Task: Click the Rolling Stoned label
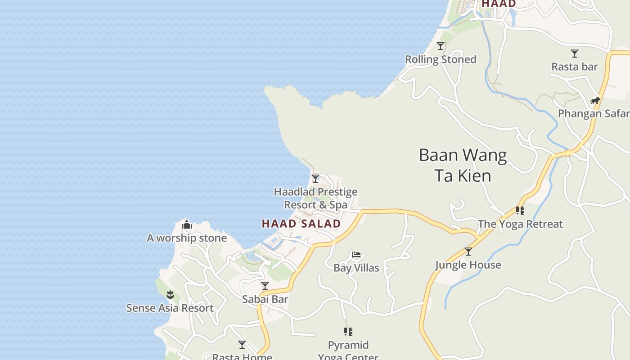(x=441, y=59)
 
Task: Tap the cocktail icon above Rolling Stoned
(x=441, y=46)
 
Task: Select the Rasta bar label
(x=575, y=67)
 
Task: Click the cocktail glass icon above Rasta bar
(x=575, y=54)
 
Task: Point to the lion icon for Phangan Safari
(x=595, y=100)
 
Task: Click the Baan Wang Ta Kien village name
(x=463, y=165)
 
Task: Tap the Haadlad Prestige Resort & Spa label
(x=315, y=198)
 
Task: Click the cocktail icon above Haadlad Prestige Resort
(x=315, y=179)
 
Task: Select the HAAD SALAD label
(x=301, y=224)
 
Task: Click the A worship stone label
(x=187, y=238)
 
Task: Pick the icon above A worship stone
(x=187, y=225)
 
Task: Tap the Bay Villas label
(x=356, y=268)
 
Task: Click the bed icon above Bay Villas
(x=356, y=255)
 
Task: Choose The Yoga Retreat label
(x=520, y=224)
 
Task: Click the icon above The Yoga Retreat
(x=520, y=210)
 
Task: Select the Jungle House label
(x=468, y=265)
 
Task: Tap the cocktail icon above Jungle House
(x=468, y=252)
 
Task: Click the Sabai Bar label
(x=265, y=299)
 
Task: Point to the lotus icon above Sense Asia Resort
(x=170, y=295)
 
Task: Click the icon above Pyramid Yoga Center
(x=348, y=332)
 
